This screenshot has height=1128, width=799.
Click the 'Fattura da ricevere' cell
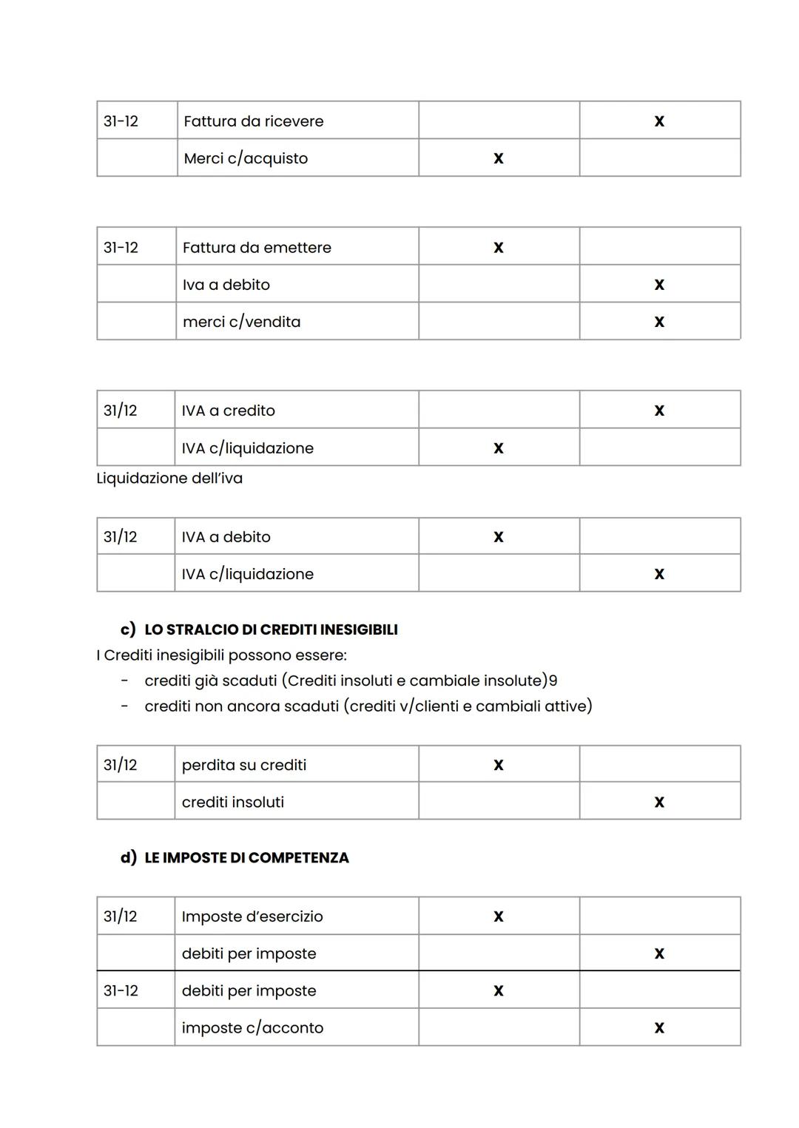pyautogui.click(x=253, y=121)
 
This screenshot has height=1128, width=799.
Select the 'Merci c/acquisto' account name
pyautogui.click(x=245, y=158)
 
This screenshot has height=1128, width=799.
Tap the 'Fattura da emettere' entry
pyautogui.click(x=257, y=248)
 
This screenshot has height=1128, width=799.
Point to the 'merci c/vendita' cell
pyautogui.click(x=241, y=322)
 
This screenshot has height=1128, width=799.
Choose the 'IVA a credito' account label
pyautogui.click(x=228, y=411)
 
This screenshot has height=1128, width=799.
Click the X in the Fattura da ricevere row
pyautogui.click(x=659, y=121)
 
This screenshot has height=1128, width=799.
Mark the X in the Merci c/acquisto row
pyautogui.click(x=498, y=158)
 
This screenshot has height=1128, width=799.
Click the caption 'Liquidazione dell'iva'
pyautogui.click(x=169, y=479)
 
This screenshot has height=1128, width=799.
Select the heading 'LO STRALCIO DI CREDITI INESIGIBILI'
pyautogui.click(x=271, y=629)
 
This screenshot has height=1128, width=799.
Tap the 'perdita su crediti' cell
pyautogui.click(x=243, y=765)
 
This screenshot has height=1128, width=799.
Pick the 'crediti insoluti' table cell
pyautogui.click(x=232, y=802)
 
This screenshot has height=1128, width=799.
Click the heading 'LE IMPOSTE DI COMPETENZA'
pyautogui.click(x=246, y=858)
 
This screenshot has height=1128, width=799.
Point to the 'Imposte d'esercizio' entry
pyautogui.click(x=252, y=916)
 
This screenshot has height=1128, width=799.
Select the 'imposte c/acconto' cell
pyautogui.click(x=252, y=1027)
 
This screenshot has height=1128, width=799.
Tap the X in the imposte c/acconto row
pyautogui.click(x=659, y=1027)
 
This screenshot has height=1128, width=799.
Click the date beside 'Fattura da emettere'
pyautogui.click(x=121, y=248)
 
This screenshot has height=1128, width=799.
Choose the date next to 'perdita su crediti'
pyautogui.click(x=121, y=765)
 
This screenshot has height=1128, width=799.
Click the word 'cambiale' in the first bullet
pyautogui.click(x=442, y=680)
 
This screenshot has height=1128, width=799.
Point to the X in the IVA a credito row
pyautogui.click(x=659, y=411)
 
